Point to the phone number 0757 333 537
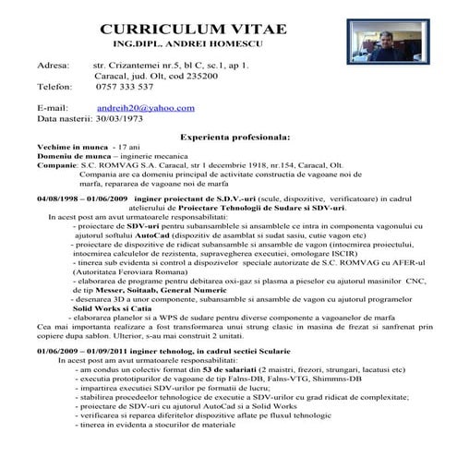coord(125,88)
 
